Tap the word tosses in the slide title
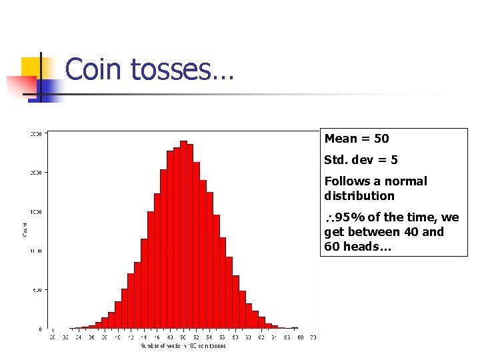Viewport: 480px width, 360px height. [169, 69]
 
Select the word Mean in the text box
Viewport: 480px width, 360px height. [341, 139]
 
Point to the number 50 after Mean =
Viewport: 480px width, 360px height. [381, 139]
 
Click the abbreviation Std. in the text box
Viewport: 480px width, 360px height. [335, 160]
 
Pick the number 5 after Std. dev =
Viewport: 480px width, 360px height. [394, 160]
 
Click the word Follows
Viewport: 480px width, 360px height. [346, 181]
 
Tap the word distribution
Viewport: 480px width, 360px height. [359, 196]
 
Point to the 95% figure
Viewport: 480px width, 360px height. [347, 217]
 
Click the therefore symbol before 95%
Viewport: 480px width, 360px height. [329, 218]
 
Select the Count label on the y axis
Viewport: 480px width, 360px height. [25, 231]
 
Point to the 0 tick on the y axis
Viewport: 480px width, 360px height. [40, 329]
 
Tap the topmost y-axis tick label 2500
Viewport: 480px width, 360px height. [36, 134]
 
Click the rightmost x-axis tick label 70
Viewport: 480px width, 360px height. [313, 338]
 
